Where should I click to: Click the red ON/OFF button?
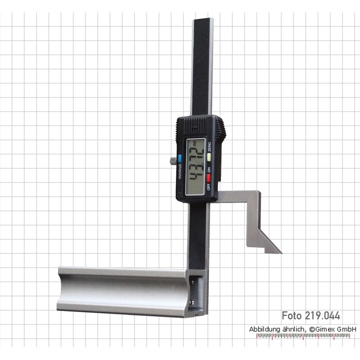[x=209, y=178]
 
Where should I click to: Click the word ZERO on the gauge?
[x=209, y=147]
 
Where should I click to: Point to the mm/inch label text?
[x=180, y=171]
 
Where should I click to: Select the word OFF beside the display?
[x=208, y=186]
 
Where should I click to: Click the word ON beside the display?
[x=209, y=170]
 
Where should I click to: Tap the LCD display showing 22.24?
[x=195, y=167]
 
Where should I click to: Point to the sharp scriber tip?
[x=282, y=253]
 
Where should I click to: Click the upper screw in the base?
[x=193, y=282]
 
